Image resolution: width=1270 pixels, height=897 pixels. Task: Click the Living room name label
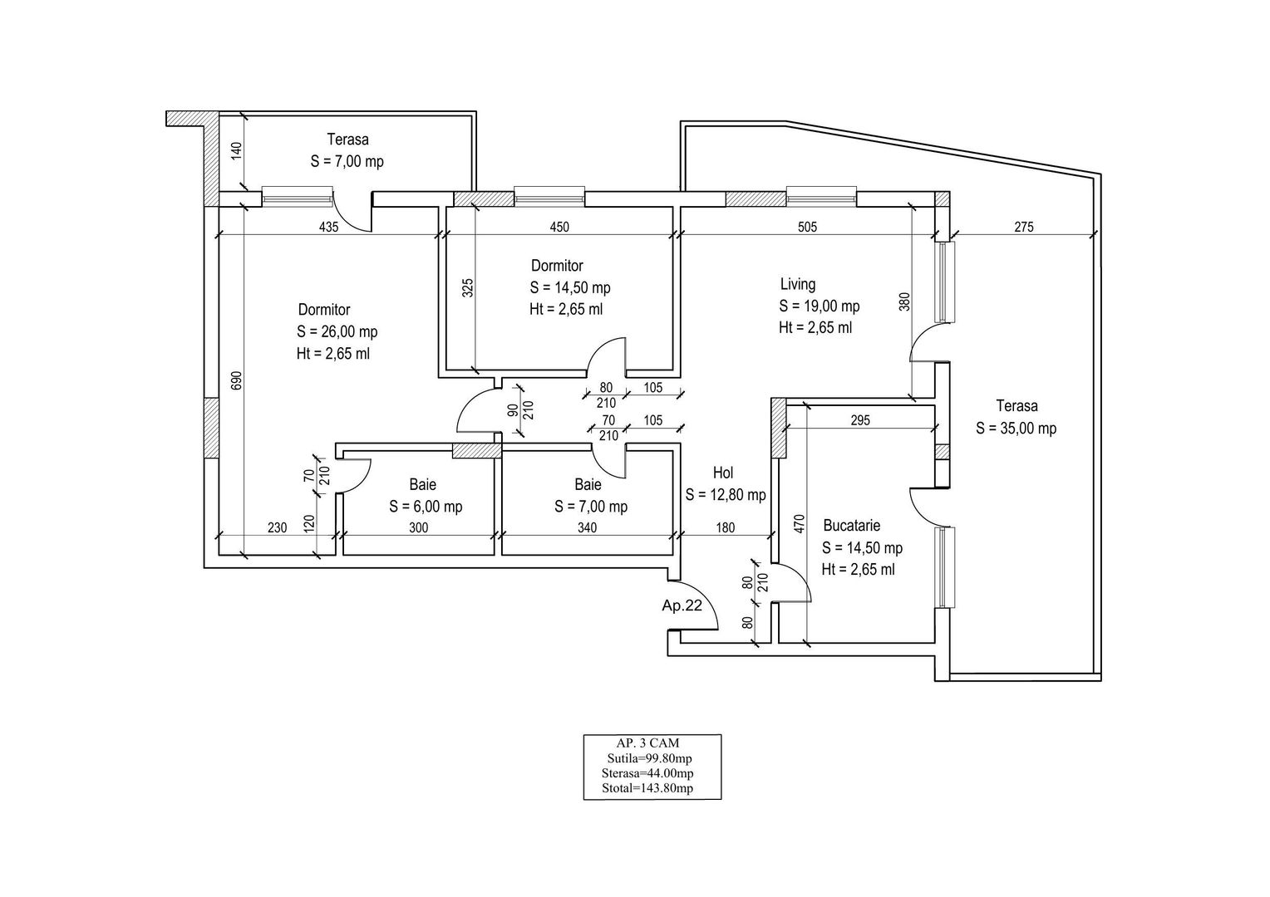click(797, 284)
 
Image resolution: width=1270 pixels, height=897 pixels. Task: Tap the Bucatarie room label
click(851, 526)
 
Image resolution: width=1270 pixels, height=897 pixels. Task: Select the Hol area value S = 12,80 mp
click(726, 495)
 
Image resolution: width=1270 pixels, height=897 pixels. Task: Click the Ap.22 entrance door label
click(682, 605)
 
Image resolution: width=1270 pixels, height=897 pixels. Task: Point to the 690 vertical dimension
click(235, 380)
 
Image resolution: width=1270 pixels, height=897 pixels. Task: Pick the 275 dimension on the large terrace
click(1024, 227)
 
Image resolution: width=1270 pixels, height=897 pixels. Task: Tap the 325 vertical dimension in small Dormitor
click(467, 288)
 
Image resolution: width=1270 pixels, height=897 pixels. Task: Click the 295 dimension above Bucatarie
click(860, 421)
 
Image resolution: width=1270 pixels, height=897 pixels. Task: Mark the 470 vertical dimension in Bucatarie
click(800, 525)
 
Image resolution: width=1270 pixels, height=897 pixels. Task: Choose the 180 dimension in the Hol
click(725, 528)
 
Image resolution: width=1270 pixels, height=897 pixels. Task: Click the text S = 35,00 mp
click(1016, 429)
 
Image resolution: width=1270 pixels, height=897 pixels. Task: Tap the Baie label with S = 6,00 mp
click(422, 484)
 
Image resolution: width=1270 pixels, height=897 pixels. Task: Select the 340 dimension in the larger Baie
click(586, 528)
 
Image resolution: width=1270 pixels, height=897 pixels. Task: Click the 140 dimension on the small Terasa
click(235, 151)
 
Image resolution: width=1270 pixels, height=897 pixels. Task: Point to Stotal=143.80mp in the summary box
click(651, 788)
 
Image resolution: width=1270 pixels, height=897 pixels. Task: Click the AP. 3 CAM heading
click(651, 743)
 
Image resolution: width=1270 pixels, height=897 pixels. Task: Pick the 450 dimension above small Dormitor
click(559, 227)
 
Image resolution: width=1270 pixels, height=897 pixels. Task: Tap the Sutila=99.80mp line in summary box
click(651, 758)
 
